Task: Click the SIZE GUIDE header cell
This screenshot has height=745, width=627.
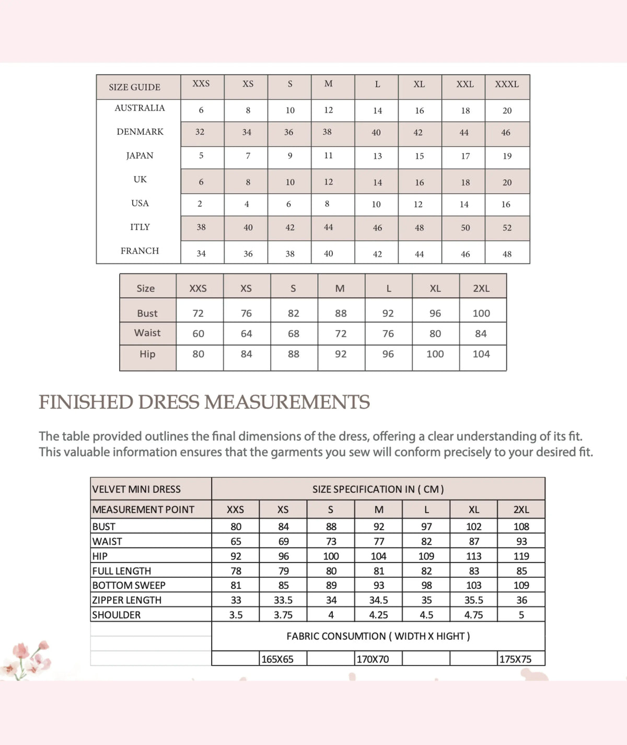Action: tap(134, 87)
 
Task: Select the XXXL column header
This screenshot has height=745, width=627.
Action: tap(507, 84)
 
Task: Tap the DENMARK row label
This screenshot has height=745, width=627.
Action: tap(140, 132)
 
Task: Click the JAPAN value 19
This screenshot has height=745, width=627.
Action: tap(507, 156)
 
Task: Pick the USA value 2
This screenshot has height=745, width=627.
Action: tap(200, 204)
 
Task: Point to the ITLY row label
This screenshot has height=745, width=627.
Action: tap(140, 227)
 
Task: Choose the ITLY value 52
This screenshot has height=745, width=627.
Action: tap(507, 228)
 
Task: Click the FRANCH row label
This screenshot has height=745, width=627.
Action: tap(140, 251)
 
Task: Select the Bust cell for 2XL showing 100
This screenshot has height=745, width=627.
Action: tap(481, 313)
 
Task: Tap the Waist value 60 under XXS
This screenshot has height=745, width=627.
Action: tap(198, 334)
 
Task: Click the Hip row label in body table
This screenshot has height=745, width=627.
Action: tap(147, 354)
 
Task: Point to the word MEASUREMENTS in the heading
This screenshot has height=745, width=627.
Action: tap(287, 402)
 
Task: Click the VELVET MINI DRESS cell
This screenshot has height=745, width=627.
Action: tap(136, 490)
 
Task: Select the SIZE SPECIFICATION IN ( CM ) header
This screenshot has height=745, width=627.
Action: tap(378, 490)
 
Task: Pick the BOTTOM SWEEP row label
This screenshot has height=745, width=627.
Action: tap(129, 585)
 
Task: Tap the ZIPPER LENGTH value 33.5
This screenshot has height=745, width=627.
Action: tap(283, 600)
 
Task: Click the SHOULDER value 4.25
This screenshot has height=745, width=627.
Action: tap(378, 615)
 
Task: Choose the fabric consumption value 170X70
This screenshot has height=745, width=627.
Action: tap(373, 659)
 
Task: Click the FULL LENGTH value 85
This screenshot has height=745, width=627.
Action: tap(521, 571)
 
